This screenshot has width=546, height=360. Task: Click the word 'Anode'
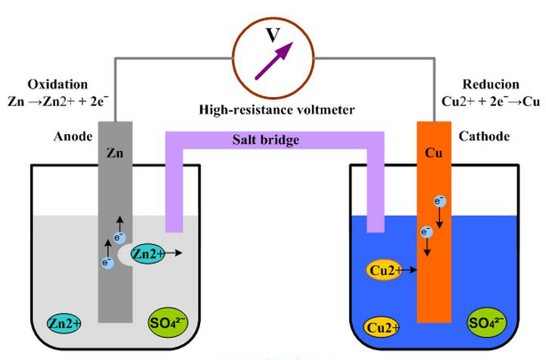point(73,137)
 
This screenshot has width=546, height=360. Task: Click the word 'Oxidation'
point(58,84)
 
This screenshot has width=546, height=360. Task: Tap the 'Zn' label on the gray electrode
point(114,151)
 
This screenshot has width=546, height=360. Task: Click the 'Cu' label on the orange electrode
point(434,151)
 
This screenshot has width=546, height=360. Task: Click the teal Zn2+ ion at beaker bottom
point(64,323)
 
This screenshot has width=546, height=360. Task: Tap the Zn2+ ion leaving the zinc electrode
point(148,255)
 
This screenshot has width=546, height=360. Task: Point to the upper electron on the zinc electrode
point(119,237)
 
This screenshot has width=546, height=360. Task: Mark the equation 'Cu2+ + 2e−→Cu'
point(482,101)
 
